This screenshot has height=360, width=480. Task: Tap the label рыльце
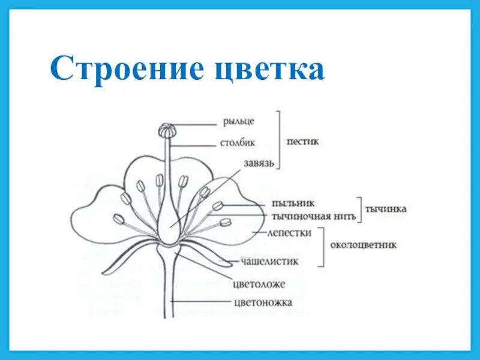pyautogui.click(x=238, y=121)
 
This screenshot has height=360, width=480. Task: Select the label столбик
pyautogui.click(x=238, y=143)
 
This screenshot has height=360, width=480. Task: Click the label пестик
pyautogui.click(x=303, y=142)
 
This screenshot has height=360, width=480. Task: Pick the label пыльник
pyautogui.click(x=293, y=204)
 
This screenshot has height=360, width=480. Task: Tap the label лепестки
pyautogui.click(x=291, y=233)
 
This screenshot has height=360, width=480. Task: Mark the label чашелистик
pyautogui.click(x=269, y=261)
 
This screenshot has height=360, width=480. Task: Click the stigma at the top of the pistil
pyautogui.click(x=167, y=130)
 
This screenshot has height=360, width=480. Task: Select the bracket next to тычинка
pyautogui.click(x=361, y=209)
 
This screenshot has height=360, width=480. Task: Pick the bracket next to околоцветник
pyautogui.click(x=324, y=247)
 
